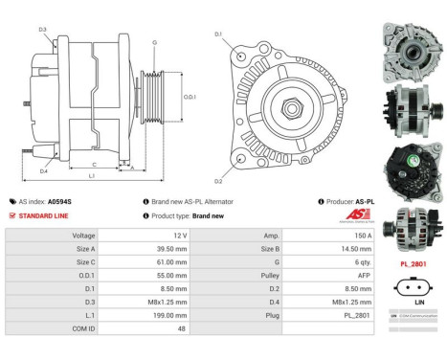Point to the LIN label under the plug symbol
click(413, 301)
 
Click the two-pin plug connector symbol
click(413, 284)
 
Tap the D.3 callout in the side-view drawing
click(42, 30)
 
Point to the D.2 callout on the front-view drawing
click(218, 179)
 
